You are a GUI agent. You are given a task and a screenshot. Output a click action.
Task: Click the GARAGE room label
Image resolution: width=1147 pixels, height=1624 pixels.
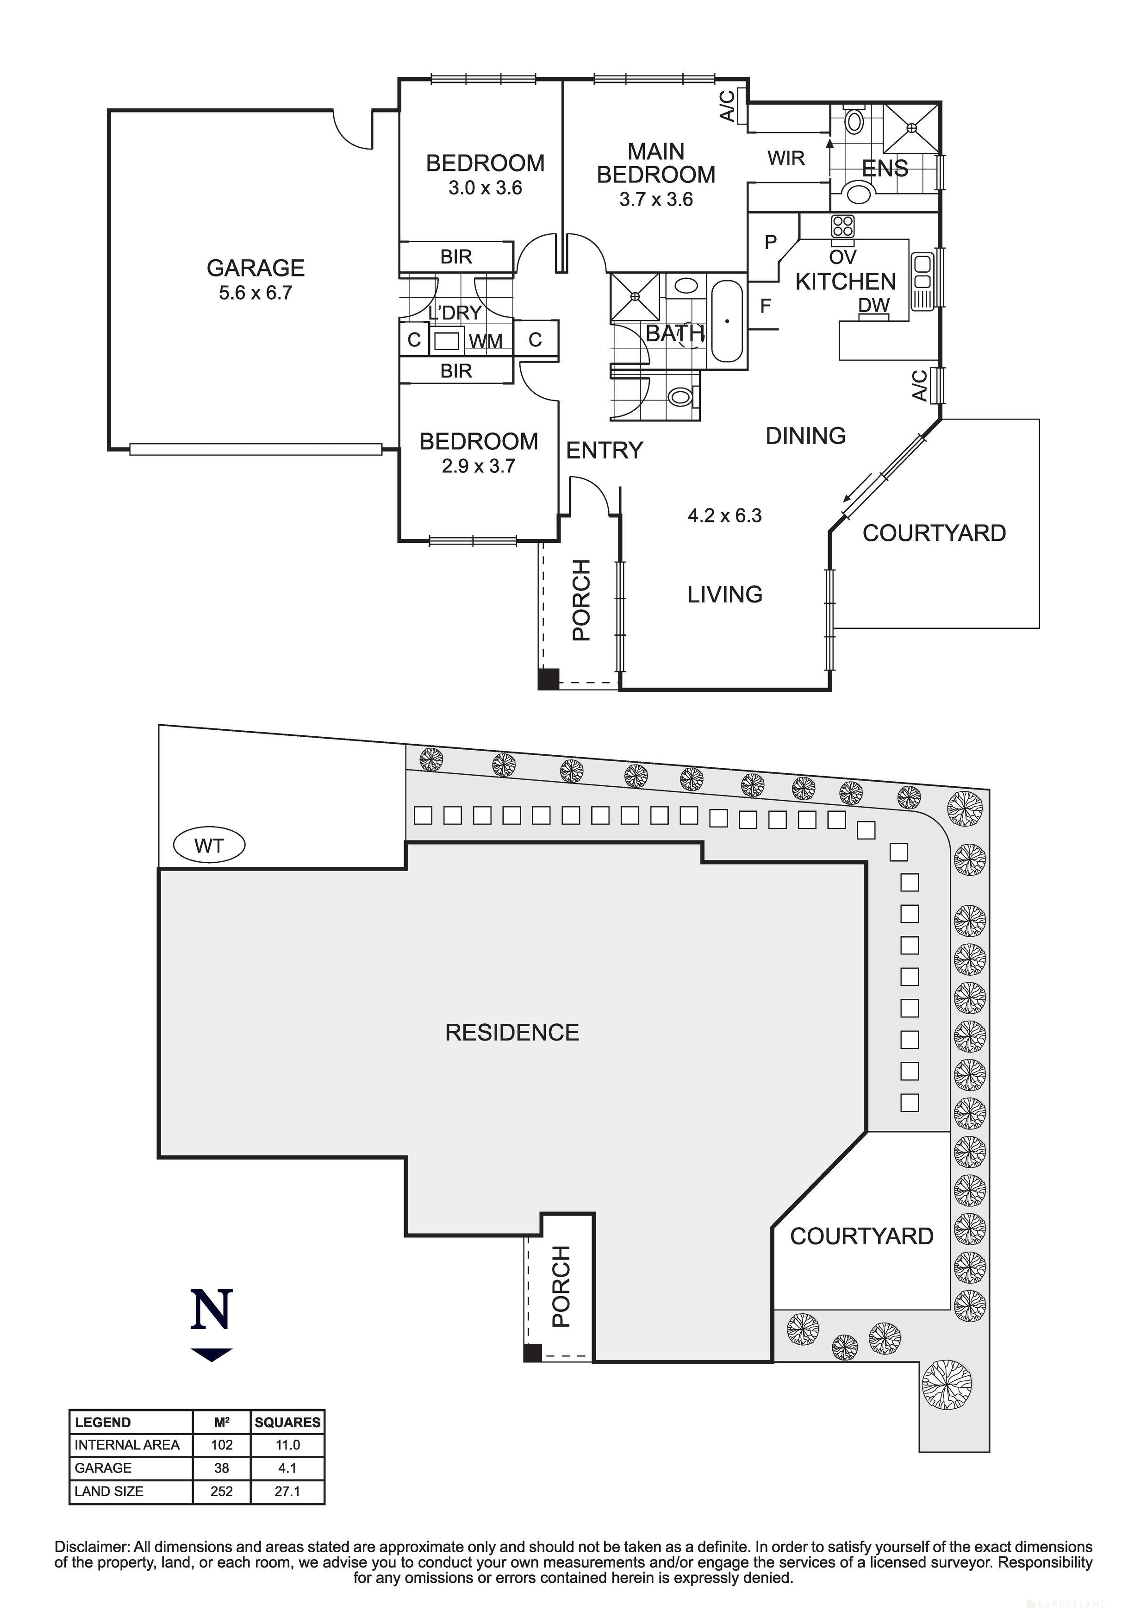256,268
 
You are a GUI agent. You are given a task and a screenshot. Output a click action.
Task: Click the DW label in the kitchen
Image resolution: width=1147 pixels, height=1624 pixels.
874,306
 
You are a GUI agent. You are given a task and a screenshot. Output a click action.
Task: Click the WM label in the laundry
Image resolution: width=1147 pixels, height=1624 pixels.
486,342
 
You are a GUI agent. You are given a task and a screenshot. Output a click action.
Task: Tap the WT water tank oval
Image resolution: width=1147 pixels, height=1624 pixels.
209,846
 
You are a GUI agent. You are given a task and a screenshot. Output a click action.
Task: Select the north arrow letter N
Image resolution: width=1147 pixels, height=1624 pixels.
212,1310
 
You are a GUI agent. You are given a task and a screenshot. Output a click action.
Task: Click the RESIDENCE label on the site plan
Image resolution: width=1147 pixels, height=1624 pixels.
512,1033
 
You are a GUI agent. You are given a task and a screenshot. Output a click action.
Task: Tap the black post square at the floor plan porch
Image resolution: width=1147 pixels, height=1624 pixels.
548,678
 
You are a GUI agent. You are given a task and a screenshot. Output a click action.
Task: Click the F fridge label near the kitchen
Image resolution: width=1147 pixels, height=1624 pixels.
765,306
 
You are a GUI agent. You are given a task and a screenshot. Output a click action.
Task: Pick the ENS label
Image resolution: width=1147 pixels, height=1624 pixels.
885,169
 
